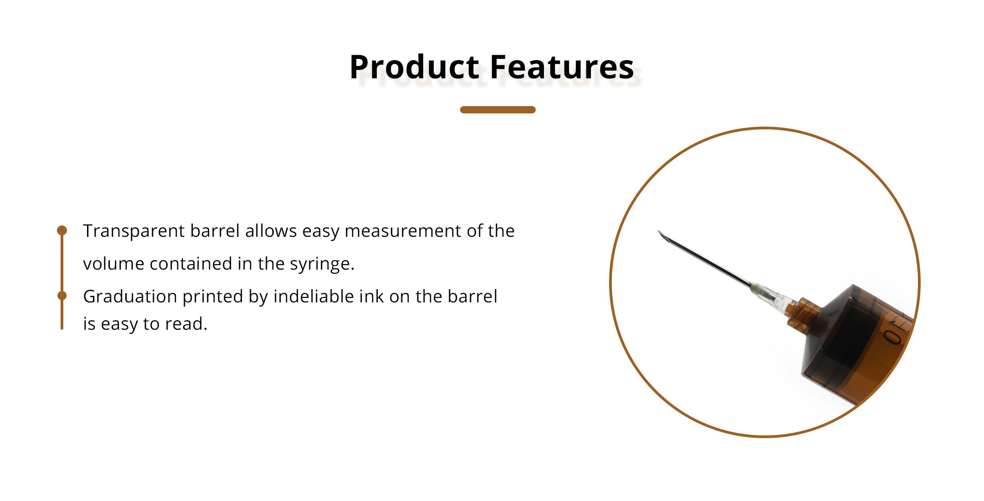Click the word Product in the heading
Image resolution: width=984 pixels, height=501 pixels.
pos(414,67)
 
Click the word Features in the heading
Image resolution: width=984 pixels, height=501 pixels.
pos(562,67)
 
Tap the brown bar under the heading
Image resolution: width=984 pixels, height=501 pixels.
pos(497,110)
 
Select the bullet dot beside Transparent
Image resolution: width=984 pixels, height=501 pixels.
pos(62,230)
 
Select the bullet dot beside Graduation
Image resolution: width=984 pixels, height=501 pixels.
pos(62,296)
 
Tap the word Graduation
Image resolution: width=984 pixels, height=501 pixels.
pos(130,297)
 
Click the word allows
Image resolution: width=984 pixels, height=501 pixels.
pos(271,231)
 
